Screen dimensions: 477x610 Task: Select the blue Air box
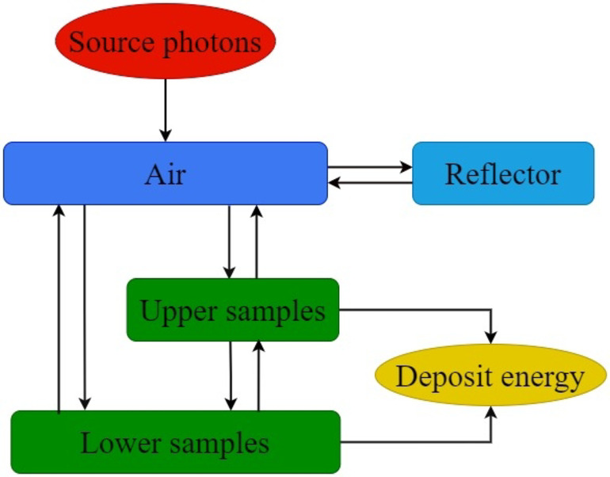coord(165,174)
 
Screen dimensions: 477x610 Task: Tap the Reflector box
coord(503,174)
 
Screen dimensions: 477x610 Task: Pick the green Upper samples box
coord(232,311)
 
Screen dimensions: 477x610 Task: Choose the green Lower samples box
coord(175,442)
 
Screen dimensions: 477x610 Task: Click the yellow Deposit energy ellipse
coord(490,376)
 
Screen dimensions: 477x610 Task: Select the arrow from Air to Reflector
coord(370,167)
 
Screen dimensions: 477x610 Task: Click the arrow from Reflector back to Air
coord(370,183)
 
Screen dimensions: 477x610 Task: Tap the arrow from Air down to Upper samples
coord(229,241)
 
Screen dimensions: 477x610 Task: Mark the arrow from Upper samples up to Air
coord(256,241)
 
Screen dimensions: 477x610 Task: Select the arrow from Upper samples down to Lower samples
coord(231,376)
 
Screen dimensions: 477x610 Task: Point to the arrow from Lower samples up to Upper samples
coord(257,376)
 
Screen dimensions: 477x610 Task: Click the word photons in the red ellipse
coord(212,42)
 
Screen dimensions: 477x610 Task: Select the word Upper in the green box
coord(177,311)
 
